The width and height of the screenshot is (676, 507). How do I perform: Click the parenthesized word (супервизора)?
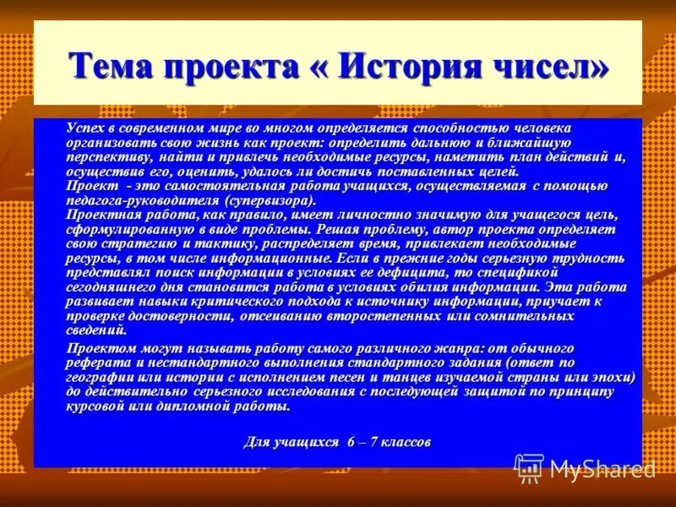270,199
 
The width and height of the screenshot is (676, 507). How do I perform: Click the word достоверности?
171,315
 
